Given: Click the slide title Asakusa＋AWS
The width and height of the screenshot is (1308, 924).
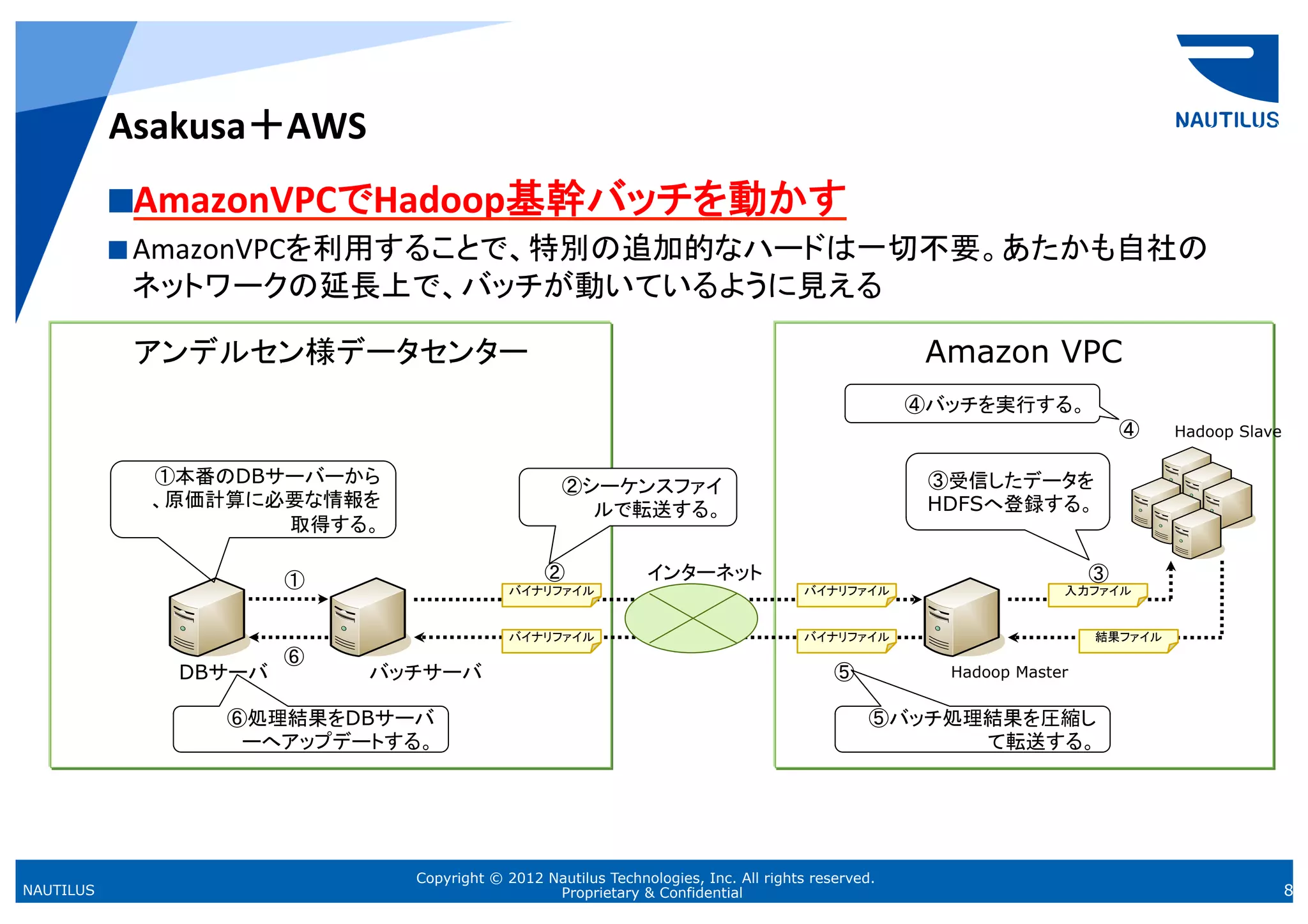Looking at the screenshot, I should (x=238, y=126).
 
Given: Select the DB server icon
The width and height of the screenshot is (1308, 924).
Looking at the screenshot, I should (x=206, y=617).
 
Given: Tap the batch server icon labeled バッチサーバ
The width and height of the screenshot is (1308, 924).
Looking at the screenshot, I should (x=367, y=617).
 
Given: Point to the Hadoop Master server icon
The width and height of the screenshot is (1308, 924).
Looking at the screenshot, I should (x=961, y=617).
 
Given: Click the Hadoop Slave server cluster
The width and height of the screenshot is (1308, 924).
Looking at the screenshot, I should (x=1192, y=503).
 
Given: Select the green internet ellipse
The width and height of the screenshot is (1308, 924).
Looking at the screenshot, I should (x=691, y=618).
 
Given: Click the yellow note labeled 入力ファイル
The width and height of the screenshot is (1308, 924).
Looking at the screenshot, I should (x=1097, y=593).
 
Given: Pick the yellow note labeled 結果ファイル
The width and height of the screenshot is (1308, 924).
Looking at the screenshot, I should (x=1128, y=639).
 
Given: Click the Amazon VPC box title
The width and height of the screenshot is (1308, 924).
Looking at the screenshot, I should (x=1024, y=352).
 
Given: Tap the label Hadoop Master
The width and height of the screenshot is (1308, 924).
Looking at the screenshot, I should (x=1009, y=672).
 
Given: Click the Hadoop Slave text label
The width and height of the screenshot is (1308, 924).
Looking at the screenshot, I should (x=1227, y=432).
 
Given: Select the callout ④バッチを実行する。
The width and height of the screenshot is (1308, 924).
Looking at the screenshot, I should (x=971, y=404).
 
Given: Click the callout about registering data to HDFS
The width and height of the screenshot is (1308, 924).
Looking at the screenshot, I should (x=1008, y=492).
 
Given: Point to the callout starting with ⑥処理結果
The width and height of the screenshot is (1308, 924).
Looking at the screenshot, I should (x=311, y=729).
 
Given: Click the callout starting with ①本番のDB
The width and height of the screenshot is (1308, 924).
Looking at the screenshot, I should (x=254, y=499).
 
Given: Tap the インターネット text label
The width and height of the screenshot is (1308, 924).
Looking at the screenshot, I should (x=704, y=572).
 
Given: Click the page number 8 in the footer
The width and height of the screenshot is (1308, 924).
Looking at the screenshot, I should (x=1288, y=890).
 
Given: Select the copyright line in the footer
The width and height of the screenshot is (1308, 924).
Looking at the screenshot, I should (x=645, y=878).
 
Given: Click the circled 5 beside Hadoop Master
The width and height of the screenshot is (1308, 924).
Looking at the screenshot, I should (x=844, y=672).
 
